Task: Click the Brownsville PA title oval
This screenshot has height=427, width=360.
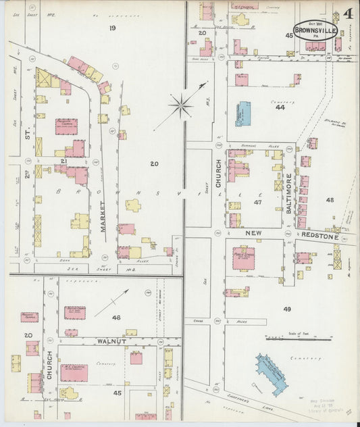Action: coord(315,30)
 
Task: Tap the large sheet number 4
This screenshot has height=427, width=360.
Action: coord(346,14)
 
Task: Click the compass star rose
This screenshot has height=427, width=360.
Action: coord(181,105)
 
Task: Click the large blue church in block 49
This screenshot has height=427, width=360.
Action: coord(272,372)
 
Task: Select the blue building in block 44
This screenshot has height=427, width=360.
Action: coord(242,114)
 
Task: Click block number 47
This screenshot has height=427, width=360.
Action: coord(257,201)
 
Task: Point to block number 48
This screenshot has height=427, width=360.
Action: coord(330,200)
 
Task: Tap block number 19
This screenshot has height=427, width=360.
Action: coord(113,28)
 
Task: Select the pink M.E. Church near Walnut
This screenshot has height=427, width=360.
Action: coord(74,372)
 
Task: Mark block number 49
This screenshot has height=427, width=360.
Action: coord(287,309)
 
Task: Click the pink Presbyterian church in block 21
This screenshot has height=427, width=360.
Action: coord(66,126)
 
